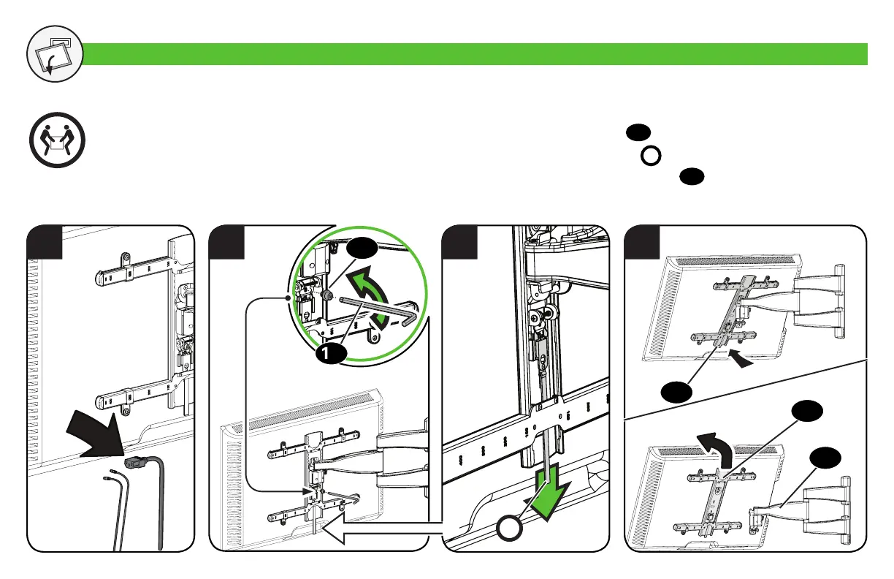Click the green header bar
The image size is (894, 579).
click(475, 54)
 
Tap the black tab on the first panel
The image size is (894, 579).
click(43, 243)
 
